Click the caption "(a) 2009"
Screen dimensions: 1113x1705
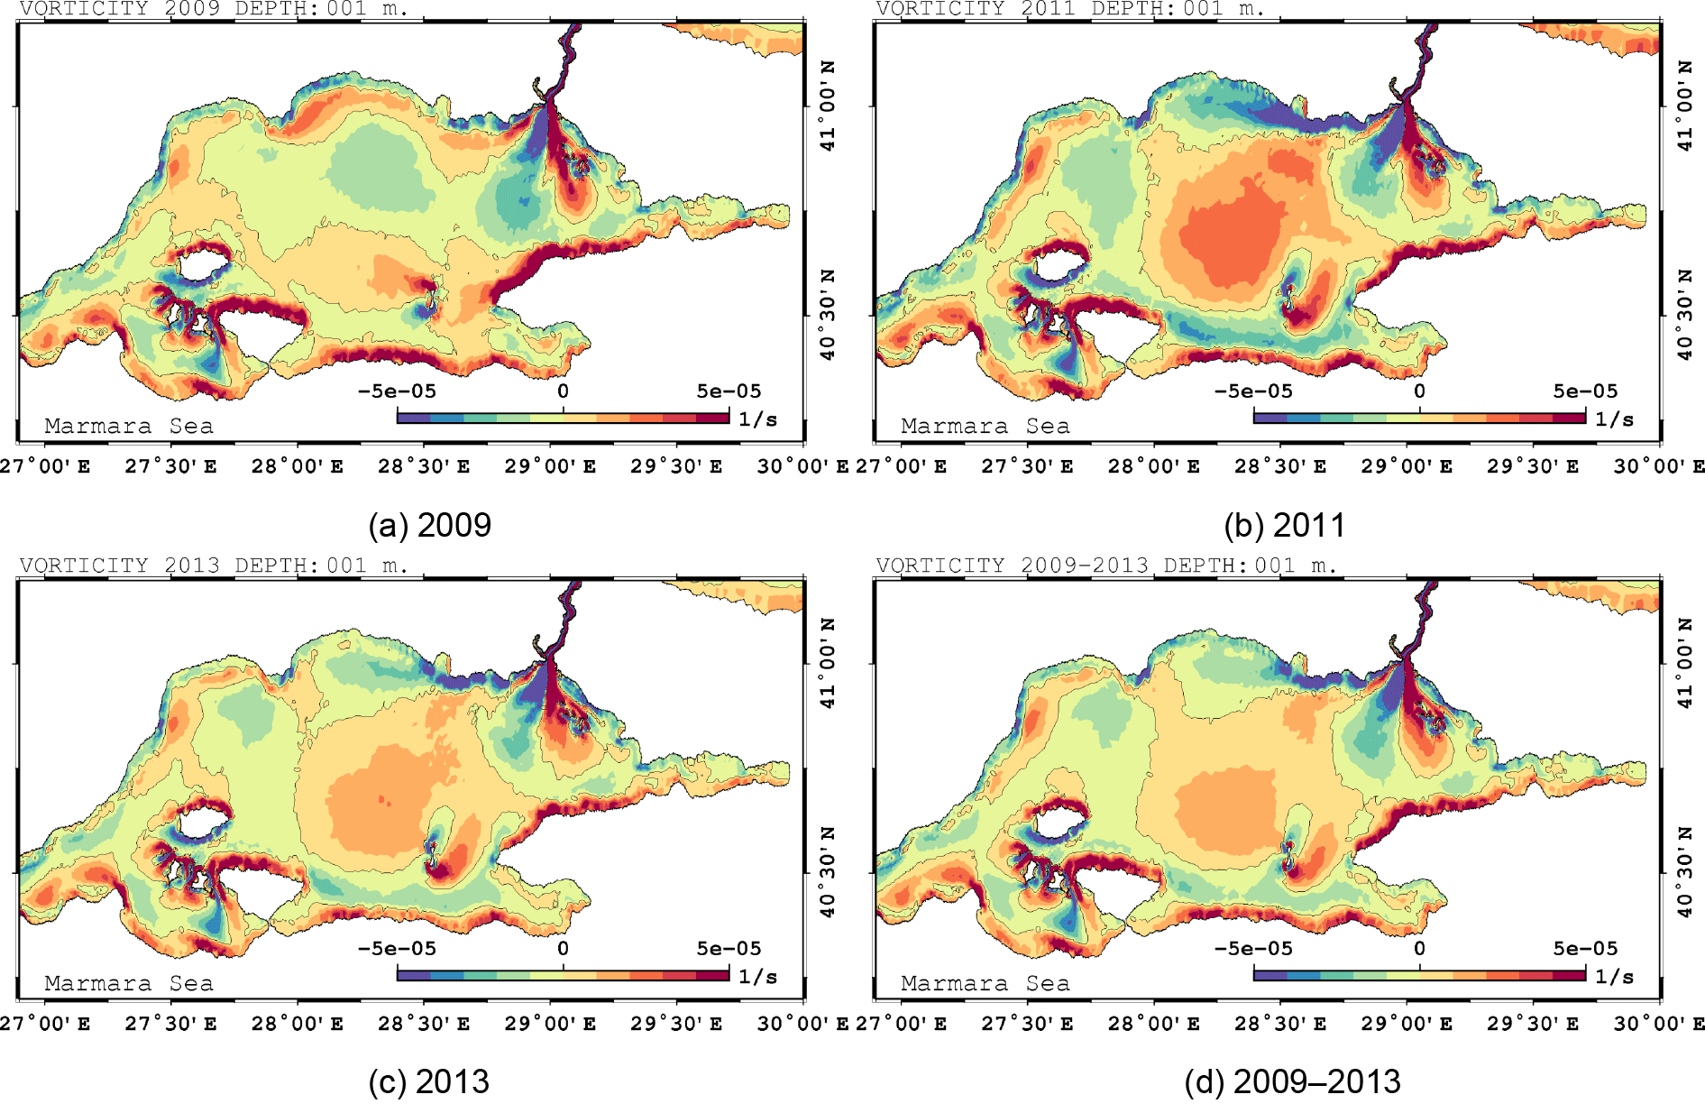pyautogui.click(x=429, y=525)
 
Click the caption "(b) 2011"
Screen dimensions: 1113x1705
pyautogui.click(x=1284, y=525)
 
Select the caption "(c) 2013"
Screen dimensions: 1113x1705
pyautogui.click(x=428, y=1081)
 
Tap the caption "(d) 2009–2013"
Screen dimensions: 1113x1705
pyautogui.click(x=1292, y=1081)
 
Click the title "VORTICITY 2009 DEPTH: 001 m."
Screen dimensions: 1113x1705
pyautogui.click(x=214, y=9)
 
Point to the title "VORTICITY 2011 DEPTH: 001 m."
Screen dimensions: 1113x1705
pyautogui.click(x=1070, y=9)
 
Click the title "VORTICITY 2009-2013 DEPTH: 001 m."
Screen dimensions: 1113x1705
pyautogui.click(x=1106, y=566)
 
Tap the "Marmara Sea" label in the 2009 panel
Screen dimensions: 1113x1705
pyautogui.click(x=129, y=426)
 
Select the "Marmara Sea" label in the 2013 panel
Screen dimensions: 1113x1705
pyautogui.click(x=129, y=983)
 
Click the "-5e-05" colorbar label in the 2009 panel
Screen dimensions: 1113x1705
pyautogui.click(x=397, y=391)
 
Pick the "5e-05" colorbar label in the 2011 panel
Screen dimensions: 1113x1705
pyautogui.click(x=1585, y=391)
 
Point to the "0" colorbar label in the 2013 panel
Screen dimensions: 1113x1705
pyautogui.click(x=563, y=949)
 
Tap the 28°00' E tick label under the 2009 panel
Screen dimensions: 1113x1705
pyautogui.click(x=297, y=466)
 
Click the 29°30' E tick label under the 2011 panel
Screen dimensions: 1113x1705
pyautogui.click(x=1533, y=466)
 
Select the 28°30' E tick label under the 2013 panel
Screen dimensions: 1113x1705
pyautogui.click(x=423, y=1024)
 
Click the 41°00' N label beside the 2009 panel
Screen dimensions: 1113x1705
pyautogui.click(x=827, y=106)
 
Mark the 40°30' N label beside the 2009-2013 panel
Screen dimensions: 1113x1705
pyautogui.click(x=1683, y=872)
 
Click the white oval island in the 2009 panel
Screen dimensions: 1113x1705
pyautogui.click(x=202, y=266)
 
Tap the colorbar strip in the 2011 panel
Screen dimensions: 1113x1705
pyautogui.click(x=1419, y=418)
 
